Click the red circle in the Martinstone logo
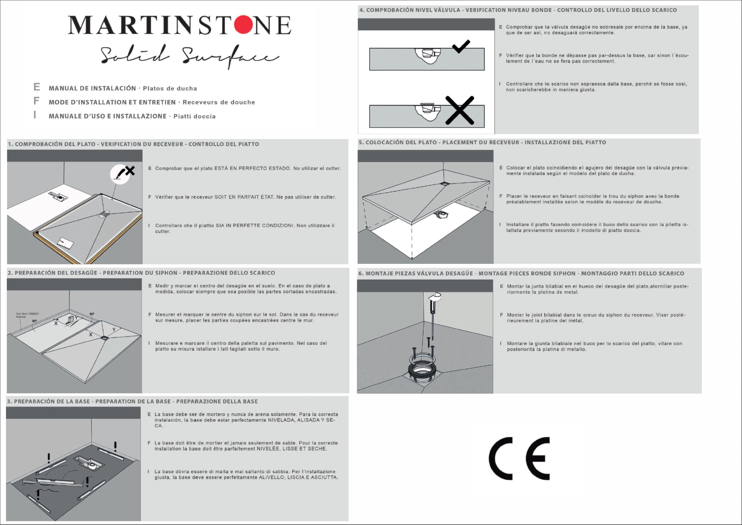pos(244,24)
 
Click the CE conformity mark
pos(519,458)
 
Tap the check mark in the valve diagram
pos(461,47)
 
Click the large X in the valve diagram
pos(460,110)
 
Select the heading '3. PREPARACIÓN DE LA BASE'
pos(48,402)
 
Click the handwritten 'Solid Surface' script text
pos(189,56)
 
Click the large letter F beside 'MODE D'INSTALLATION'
pos(36,101)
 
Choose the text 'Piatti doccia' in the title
pos(194,116)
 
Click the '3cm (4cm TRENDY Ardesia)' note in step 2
pos(27,315)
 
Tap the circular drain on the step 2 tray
pos(105,338)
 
